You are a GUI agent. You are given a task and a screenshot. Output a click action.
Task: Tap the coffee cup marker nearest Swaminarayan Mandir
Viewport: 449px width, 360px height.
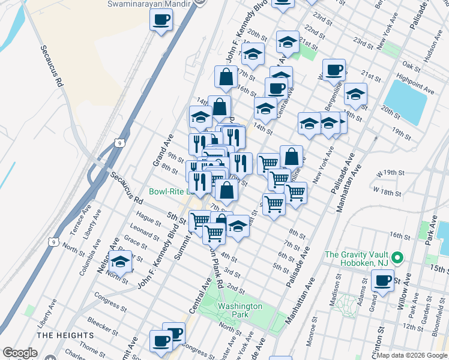[161, 21]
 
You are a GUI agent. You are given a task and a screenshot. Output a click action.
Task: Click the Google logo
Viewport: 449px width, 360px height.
[20, 353]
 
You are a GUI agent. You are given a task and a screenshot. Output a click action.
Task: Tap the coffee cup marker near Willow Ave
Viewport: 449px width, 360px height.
[382, 281]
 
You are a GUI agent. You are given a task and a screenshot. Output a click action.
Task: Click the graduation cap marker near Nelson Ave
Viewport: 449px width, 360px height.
[121, 263]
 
